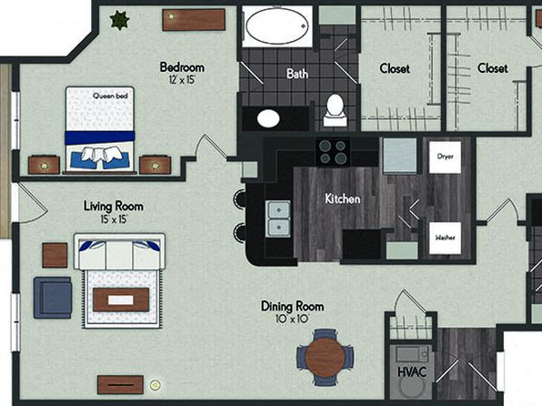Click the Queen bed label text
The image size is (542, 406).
click(x=110, y=96)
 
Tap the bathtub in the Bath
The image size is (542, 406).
click(x=277, y=26)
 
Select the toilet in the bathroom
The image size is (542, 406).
click(x=335, y=110)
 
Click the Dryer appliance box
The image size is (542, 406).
click(x=445, y=157)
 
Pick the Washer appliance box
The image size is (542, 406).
click(x=445, y=238)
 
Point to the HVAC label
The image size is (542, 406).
click(x=412, y=372)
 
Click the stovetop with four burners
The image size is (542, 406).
click(x=333, y=152)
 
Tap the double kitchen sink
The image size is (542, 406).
click(x=278, y=218)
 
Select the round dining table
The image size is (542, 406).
click(x=325, y=357)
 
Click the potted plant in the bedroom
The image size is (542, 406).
click(x=120, y=20)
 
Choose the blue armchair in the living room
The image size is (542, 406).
click(x=53, y=298)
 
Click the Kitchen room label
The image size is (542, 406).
click(x=343, y=198)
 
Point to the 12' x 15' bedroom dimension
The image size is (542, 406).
click(x=182, y=80)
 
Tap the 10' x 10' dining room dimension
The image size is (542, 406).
click(x=293, y=319)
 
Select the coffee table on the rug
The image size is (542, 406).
click(x=121, y=299)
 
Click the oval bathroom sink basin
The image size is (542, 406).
click(x=268, y=118)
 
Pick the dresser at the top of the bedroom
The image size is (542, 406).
click(x=194, y=20)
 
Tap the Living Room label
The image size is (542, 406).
click(x=114, y=207)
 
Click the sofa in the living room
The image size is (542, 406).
click(x=120, y=251)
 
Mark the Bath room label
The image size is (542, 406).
click(x=297, y=74)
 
